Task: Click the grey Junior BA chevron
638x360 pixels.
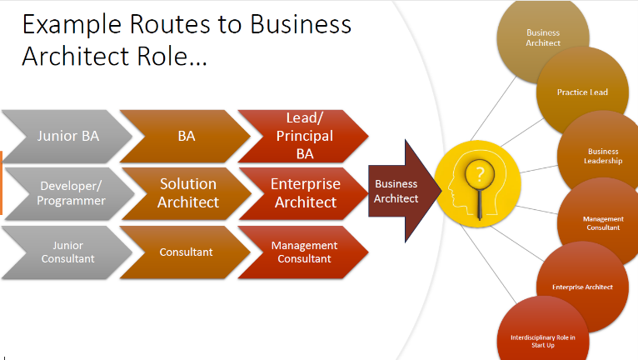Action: coord(67,137)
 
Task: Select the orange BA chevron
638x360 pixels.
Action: coord(186,137)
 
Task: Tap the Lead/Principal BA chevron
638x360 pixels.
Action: coord(304,137)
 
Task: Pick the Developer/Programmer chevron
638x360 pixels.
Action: coord(70,194)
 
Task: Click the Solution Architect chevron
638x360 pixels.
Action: coord(187,194)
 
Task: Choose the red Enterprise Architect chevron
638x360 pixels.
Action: coord(305,194)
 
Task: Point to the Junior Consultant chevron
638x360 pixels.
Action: coord(67,252)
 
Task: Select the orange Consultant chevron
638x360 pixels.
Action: coord(186,252)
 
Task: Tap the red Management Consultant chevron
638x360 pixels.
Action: coord(304,252)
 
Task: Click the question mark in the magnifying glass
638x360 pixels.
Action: coord(480,175)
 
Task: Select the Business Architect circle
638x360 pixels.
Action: coord(543,37)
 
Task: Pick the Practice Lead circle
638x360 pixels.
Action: coord(583,92)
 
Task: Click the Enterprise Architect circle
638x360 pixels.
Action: coord(583,287)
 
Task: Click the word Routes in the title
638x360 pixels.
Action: coord(171,24)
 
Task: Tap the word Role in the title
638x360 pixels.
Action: coord(162,56)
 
